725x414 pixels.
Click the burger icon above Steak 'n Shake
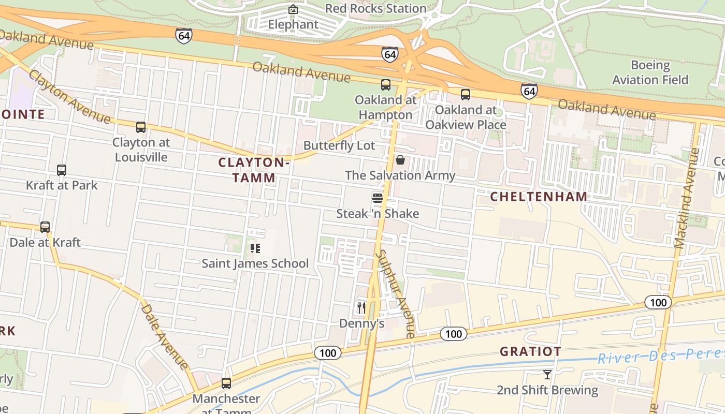(x=377, y=198)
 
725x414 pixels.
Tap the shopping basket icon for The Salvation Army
(x=400, y=160)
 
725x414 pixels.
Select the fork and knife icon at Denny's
(x=361, y=308)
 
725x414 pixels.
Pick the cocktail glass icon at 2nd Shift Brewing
(x=547, y=374)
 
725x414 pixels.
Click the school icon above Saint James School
(x=255, y=248)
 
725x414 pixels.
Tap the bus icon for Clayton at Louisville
(x=141, y=127)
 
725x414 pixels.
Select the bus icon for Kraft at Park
(x=62, y=170)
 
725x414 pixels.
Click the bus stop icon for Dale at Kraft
(x=45, y=227)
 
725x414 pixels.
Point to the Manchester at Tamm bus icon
(x=226, y=383)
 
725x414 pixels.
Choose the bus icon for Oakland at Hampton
(x=386, y=85)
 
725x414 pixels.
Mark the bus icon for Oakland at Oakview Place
(x=466, y=95)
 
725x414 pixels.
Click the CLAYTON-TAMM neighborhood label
(x=254, y=170)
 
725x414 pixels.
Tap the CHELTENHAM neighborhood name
(x=539, y=197)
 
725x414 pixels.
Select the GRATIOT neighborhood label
(x=530, y=352)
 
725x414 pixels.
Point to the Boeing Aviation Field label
(x=650, y=72)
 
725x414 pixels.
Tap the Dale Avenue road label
(x=165, y=336)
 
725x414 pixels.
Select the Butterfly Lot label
(x=339, y=145)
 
